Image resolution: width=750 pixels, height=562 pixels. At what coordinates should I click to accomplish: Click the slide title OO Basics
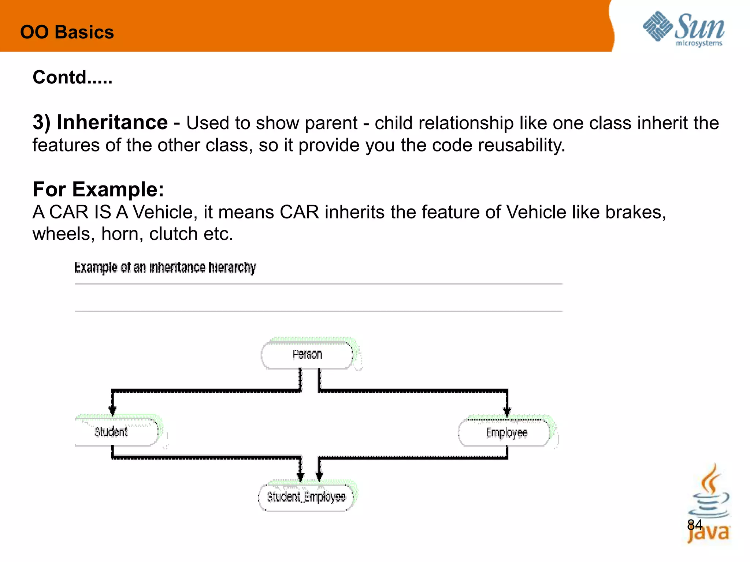(x=67, y=32)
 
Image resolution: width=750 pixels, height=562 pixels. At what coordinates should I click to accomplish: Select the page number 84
(x=695, y=525)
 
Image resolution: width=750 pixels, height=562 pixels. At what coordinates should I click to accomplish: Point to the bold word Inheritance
(x=112, y=122)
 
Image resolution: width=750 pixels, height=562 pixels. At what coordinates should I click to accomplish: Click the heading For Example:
(x=98, y=190)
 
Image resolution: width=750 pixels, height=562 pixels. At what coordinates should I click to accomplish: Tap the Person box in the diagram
(x=307, y=355)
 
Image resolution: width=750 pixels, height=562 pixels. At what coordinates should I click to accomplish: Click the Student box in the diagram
(x=111, y=432)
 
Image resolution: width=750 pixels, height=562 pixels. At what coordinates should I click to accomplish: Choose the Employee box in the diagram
(x=506, y=433)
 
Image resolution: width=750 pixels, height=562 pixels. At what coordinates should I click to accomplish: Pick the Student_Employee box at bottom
(x=306, y=497)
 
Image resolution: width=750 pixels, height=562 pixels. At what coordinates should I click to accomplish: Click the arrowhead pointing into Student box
(x=112, y=410)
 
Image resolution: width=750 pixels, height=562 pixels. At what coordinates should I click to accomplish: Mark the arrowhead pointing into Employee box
(x=507, y=412)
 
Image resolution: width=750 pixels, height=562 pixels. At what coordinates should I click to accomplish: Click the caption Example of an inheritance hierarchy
(x=165, y=267)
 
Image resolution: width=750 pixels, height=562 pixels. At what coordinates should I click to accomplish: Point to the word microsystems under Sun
(x=698, y=44)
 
